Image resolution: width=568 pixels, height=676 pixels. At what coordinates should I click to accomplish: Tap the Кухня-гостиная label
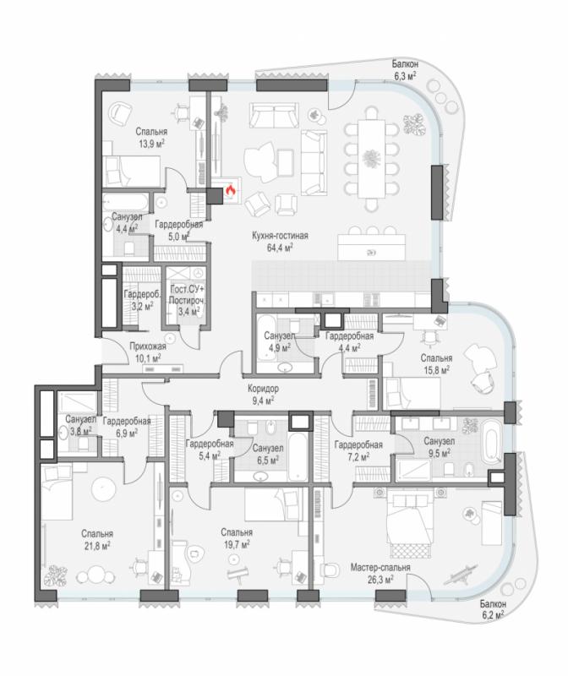pyautogui.click(x=280, y=236)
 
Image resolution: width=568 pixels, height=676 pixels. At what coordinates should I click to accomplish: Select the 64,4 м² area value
pyautogui.click(x=280, y=248)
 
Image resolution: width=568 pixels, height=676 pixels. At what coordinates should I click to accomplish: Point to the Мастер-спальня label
pyautogui.click(x=380, y=567)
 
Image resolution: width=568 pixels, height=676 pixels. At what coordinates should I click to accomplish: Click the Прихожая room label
pyautogui.click(x=148, y=346)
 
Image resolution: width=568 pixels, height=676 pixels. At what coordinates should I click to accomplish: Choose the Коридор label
pyautogui.click(x=263, y=389)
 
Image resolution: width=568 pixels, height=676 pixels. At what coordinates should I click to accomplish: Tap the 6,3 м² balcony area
pyautogui.click(x=404, y=76)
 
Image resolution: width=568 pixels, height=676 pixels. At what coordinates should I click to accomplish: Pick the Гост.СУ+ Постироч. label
pyautogui.click(x=186, y=294)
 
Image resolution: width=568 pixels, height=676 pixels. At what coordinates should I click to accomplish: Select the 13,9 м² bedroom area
pyautogui.click(x=151, y=144)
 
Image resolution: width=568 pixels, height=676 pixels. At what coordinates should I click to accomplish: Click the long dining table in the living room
pyautogui.click(x=371, y=158)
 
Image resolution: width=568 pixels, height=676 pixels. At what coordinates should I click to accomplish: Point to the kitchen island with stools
pyautogui.click(x=372, y=247)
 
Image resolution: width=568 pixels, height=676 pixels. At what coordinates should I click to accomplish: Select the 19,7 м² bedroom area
pyautogui.click(x=237, y=544)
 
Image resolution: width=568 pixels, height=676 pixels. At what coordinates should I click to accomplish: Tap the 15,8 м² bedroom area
pyautogui.click(x=436, y=370)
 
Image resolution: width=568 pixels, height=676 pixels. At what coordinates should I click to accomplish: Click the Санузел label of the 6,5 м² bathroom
pyautogui.click(x=268, y=449)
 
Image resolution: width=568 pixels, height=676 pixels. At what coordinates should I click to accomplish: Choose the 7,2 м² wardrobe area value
pyautogui.click(x=358, y=456)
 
